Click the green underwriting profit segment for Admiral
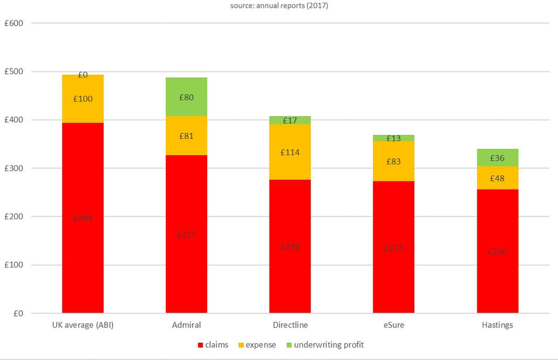[186, 97]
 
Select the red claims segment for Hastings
[498, 251]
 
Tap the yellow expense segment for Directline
[290, 152]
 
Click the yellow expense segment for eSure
[394, 161]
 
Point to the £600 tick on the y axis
[14, 23]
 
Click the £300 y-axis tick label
[14, 168]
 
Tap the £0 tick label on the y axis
[18, 313]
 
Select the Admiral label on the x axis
[186, 324]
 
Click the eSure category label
[394, 324]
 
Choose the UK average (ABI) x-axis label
[83, 324]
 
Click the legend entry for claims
[213, 345]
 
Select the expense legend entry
[260, 345]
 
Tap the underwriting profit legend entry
[327, 345]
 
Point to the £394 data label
[83, 218]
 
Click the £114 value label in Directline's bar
[290, 152]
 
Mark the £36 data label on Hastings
[498, 158]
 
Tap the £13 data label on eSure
[394, 138]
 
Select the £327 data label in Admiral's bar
[186, 234]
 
